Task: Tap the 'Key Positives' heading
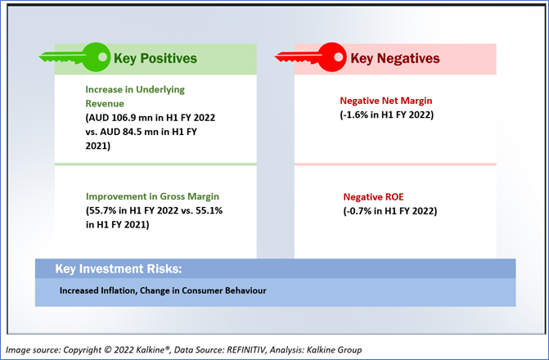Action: tap(155, 58)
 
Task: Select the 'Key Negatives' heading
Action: tap(395, 58)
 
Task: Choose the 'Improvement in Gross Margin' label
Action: tap(153, 196)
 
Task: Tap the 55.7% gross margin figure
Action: tap(99, 210)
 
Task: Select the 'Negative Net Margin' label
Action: tap(386, 101)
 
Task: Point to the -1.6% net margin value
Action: tap(353, 115)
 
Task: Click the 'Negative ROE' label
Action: tap(373, 197)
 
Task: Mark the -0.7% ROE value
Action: tap(357, 211)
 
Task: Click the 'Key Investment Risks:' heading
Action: tap(119, 268)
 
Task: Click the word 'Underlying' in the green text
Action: tap(160, 90)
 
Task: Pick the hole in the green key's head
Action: tap(102, 56)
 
